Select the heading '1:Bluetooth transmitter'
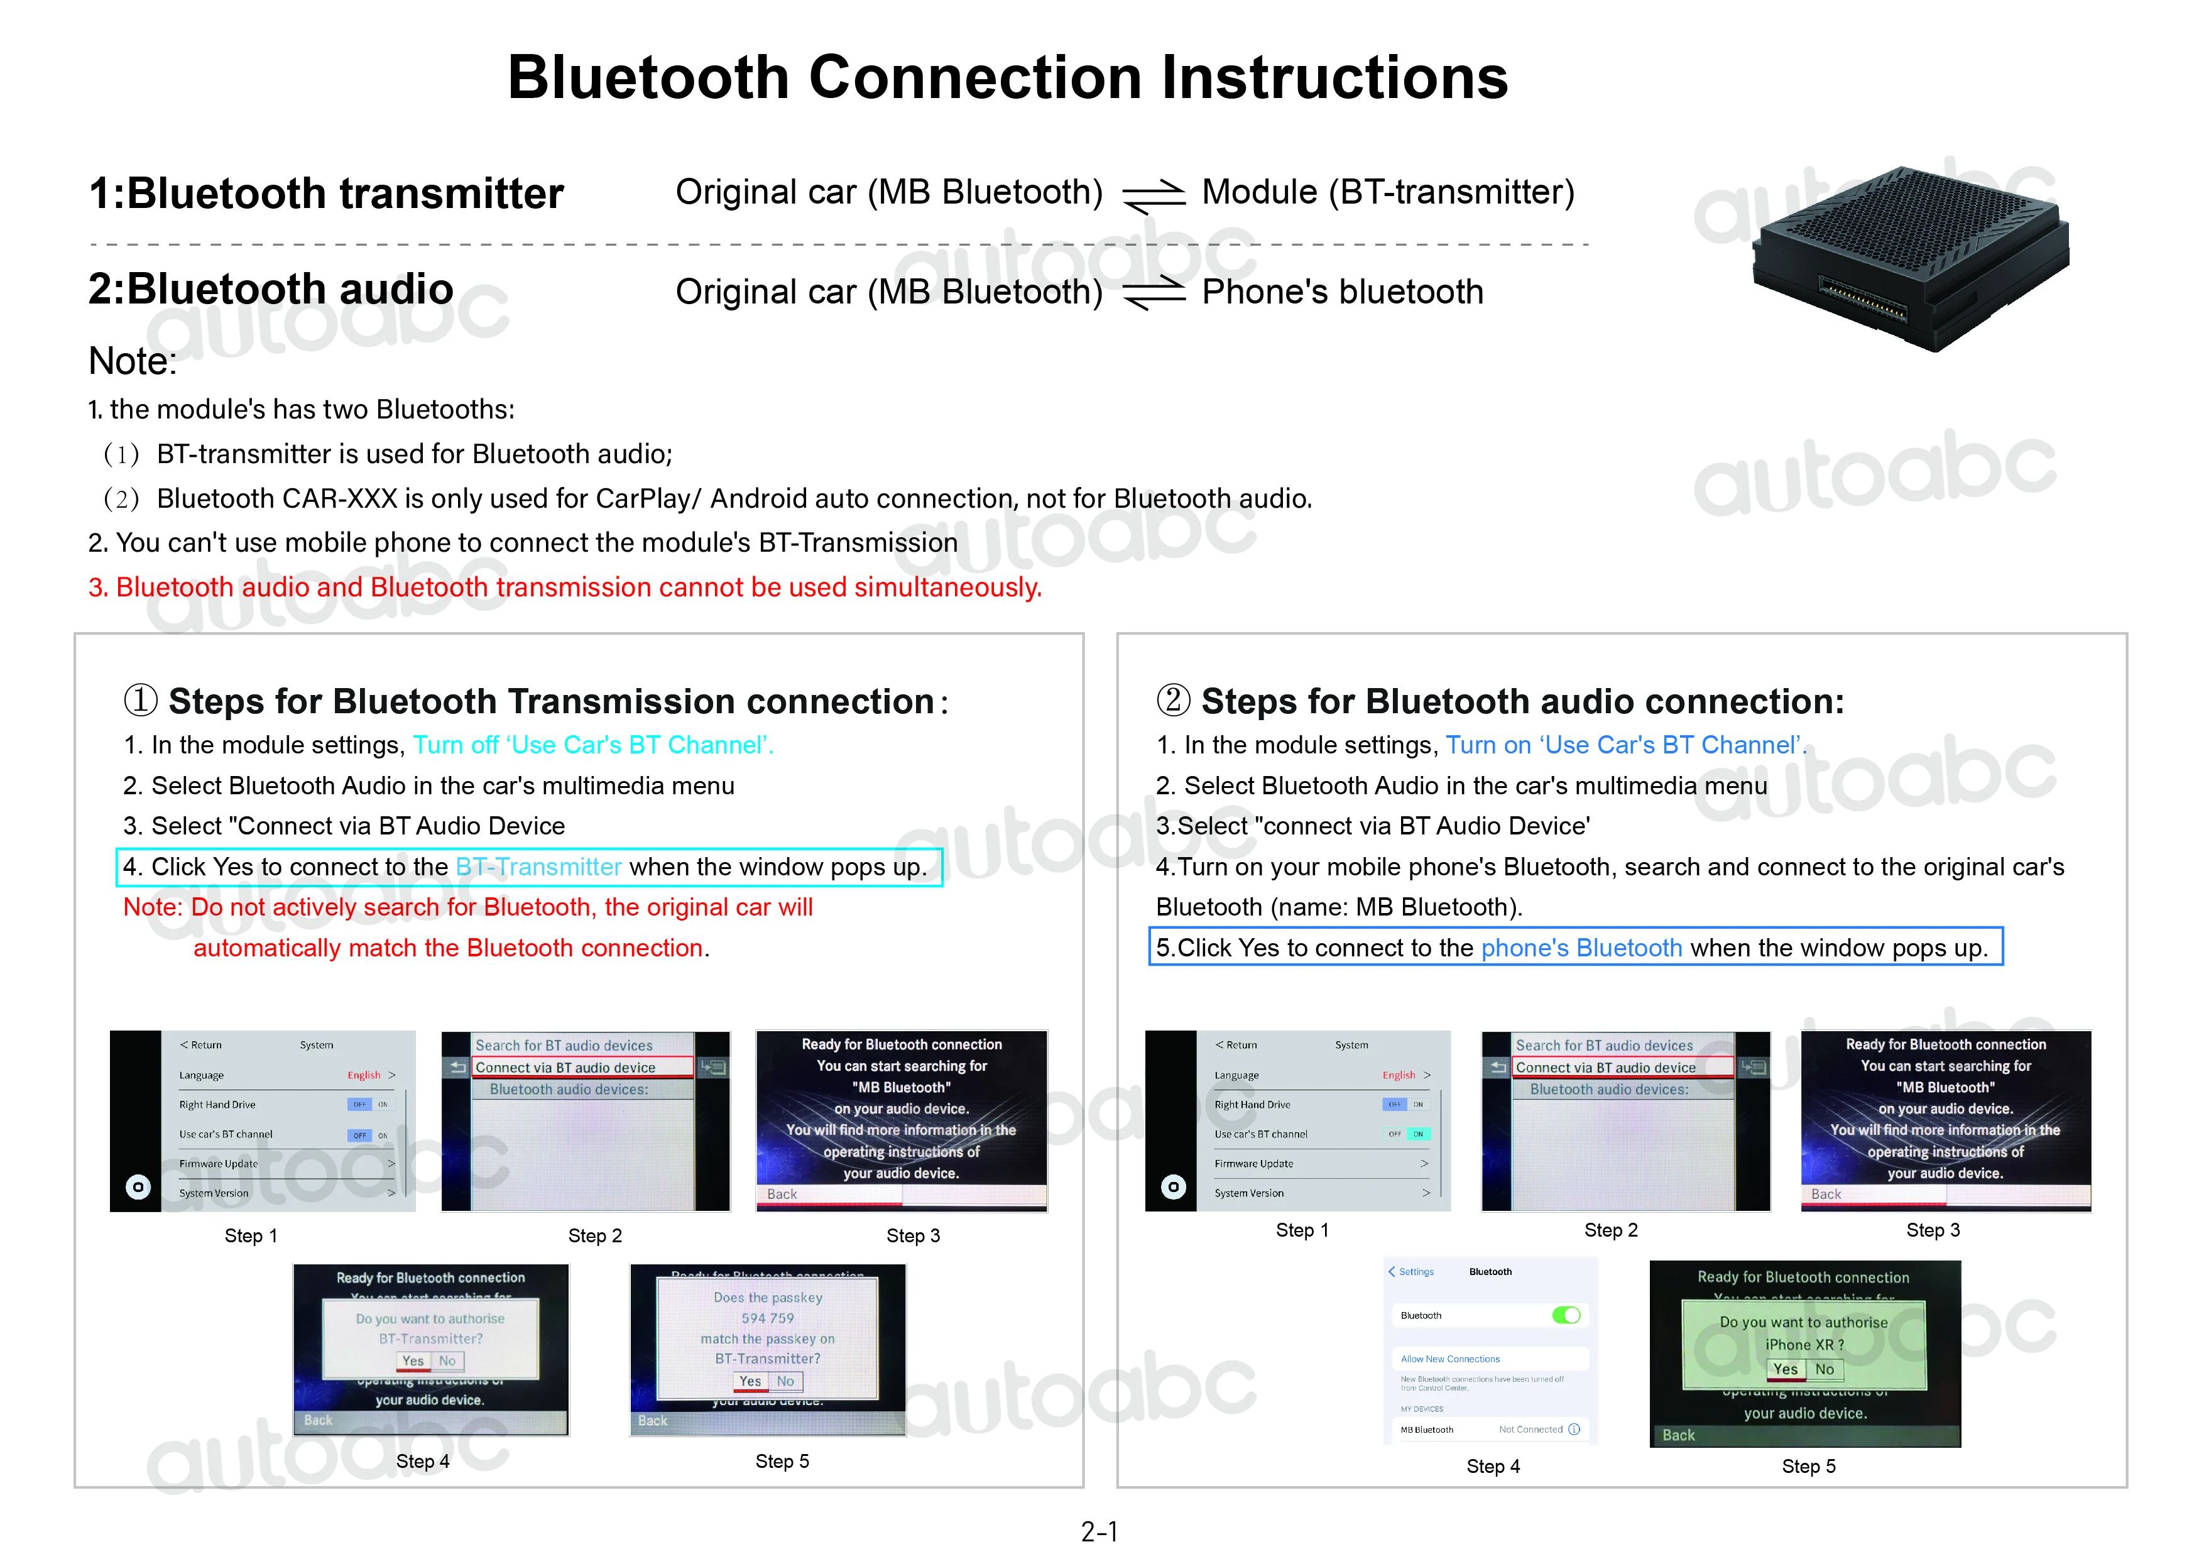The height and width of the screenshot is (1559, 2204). click(325, 194)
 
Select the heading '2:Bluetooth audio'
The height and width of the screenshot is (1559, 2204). click(271, 289)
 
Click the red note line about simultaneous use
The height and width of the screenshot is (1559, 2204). click(564, 588)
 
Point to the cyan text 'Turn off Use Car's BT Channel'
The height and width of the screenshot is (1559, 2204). click(592, 745)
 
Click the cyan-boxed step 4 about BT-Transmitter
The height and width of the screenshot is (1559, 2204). click(528, 867)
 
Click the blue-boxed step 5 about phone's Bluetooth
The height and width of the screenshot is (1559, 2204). click(1574, 948)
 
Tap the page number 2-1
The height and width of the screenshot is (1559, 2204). click(1100, 1531)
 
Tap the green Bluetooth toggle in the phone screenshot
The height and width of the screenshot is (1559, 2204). click(1566, 1315)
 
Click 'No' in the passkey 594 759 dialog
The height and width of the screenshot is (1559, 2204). click(785, 1381)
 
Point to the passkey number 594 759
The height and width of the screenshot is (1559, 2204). click(767, 1319)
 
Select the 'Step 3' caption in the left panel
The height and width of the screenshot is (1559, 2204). click(913, 1235)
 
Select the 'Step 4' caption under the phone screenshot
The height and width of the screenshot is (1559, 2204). click(1493, 1466)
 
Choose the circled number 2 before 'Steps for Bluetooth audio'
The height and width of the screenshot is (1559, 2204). click(1173, 701)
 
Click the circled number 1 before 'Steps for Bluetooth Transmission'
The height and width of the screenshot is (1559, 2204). click(140, 701)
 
